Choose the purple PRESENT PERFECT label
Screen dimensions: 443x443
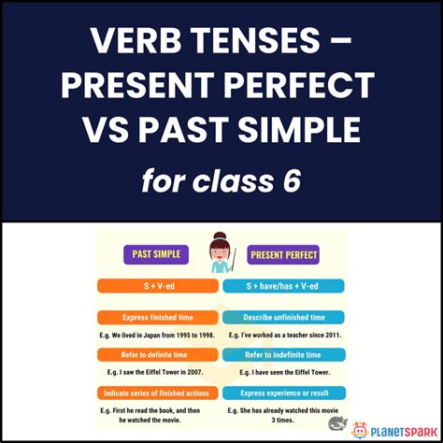[285, 253]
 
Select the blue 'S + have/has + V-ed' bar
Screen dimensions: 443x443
[284, 286]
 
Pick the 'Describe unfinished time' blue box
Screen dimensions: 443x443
[284, 318]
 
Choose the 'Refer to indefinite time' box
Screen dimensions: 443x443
[284, 355]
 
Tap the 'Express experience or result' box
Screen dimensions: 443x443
[284, 393]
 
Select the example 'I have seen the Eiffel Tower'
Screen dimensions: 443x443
[284, 372]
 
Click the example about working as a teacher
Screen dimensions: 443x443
[284, 335]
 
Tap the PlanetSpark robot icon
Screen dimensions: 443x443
[361, 428]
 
